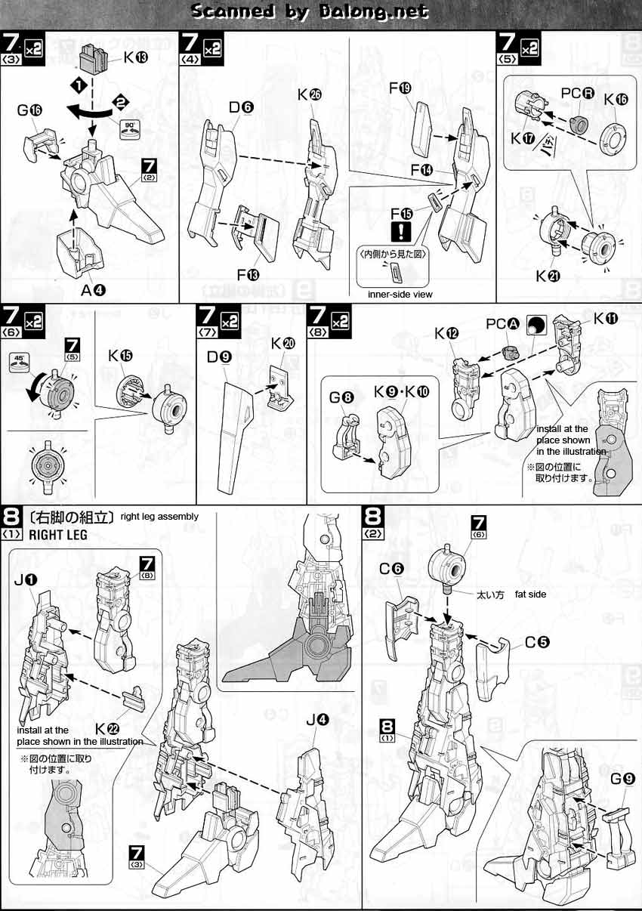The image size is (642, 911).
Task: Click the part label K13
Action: pyautogui.click(x=136, y=57)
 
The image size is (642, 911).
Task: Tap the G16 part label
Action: pyautogui.click(x=29, y=110)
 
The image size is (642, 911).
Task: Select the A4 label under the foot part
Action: pyautogui.click(x=93, y=290)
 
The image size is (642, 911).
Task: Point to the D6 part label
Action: pyautogui.click(x=241, y=107)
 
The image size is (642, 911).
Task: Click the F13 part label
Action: pyautogui.click(x=248, y=275)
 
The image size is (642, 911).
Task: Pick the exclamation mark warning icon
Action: pyautogui.click(x=401, y=232)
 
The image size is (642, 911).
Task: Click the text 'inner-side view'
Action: pyautogui.click(x=400, y=294)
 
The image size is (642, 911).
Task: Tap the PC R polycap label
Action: pyautogui.click(x=577, y=93)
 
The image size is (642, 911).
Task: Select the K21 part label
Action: pyautogui.click(x=548, y=276)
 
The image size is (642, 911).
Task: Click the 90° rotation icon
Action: pyautogui.click(x=130, y=129)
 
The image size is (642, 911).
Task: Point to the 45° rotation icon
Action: pyautogui.click(x=19, y=363)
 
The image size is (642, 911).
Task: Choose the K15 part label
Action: pyautogui.click(x=120, y=356)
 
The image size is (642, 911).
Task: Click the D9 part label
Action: pyautogui.click(x=219, y=357)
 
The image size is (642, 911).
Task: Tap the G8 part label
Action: pyautogui.click(x=341, y=397)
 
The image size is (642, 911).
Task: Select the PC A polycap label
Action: pyautogui.click(x=503, y=324)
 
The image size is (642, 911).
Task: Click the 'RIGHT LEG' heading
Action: pyautogui.click(x=58, y=535)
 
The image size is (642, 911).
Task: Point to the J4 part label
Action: pyautogui.click(x=317, y=720)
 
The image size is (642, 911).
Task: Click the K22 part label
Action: pyautogui.click(x=107, y=728)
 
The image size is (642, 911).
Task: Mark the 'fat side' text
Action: pyautogui.click(x=530, y=594)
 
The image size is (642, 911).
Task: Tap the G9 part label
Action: pyautogui.click(x=623, y=779)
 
